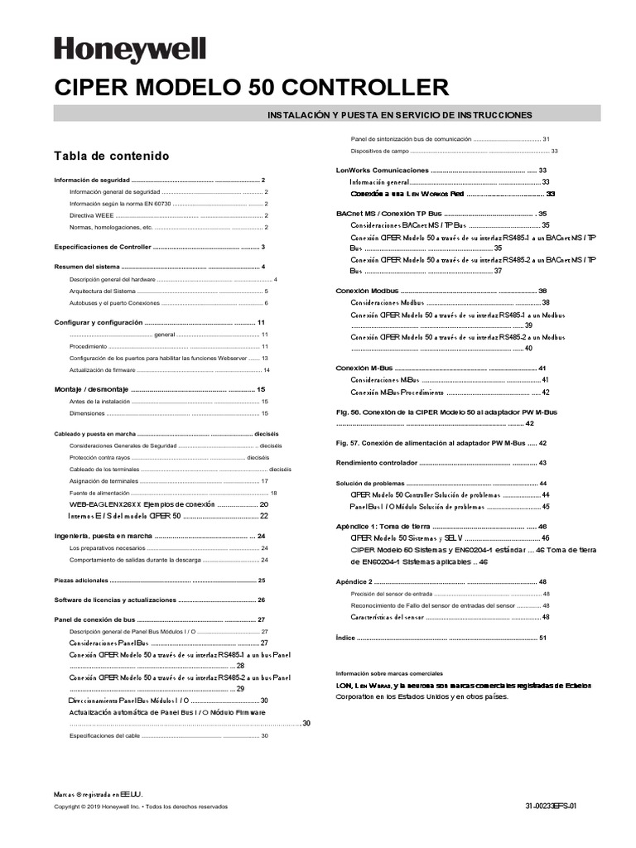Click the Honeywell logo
pyautogui.click(x=130, y=49)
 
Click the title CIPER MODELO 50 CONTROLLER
pyautogui.click(x=252, y=88)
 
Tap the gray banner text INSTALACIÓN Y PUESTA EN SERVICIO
pyautogui.click(x=398, y=114)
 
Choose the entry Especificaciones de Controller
pyautogui.click(x=103, y=247)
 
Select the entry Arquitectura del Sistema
pyautogui.click(x=102, y=291)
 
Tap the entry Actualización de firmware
pyautogui.click(x=102, y=369)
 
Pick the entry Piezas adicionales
pyautogui.click(x=81, y=581)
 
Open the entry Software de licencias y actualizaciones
pyautogui.click(x=115, y=600)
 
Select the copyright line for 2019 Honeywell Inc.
pyautogui.click(x=140, y=806)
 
